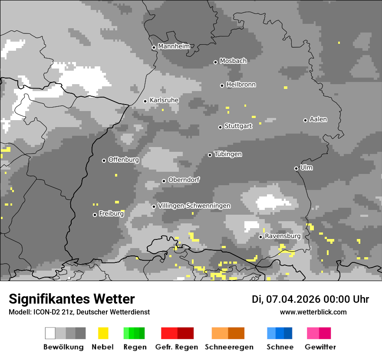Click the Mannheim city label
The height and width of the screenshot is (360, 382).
pyautogui.click(x=174, y=46)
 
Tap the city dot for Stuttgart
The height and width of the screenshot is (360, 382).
pyautogui.click(x=221, y=127)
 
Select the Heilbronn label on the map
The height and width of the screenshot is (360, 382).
pyautogui.click(x=241, y=85)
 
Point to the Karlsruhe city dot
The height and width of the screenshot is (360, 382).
pyautogui.click(x=145, y=101)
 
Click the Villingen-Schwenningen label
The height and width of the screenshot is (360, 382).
pyautogui.click(x=194, y=206)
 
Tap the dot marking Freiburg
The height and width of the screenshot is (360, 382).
pyautogui.click(x=95, y=215)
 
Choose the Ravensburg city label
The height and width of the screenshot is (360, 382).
pyautogui.click(x=283, y=236)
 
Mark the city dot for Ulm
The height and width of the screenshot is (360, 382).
pyautogui.click(x=296, y=168)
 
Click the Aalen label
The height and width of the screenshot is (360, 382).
pyautogui.click(x=318, y=119)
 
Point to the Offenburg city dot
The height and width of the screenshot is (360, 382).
pyautogui.click(x=104, y=160)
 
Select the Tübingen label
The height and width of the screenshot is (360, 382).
pyautogui.click(x=228, y=154)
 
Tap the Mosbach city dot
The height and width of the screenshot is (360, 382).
pyautogui.click(x=215, y=62)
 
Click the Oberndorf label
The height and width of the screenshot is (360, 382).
pyautogui.click(x=184, y=180)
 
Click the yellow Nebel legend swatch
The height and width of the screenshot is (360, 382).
pyautogui.click(x=103, y=333)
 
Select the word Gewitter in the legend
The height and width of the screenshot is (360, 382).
pyautogui.click(x=320, y=347)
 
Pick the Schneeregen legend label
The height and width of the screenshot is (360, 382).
pyautogui.click(x=230, y=347)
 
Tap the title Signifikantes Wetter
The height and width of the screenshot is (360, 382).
pyautogui.click(x=72, y=299)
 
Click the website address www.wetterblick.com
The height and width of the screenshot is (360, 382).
pyautogui.click(x=313, y=312)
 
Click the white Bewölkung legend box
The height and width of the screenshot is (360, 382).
pyautogui.click(x=50, y=333)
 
